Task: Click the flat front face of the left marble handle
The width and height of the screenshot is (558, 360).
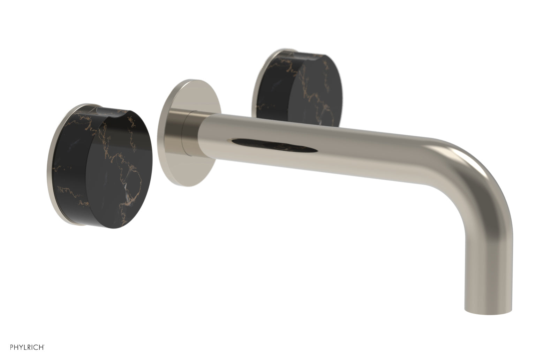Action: pyautogui.click(x=115, y=167)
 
